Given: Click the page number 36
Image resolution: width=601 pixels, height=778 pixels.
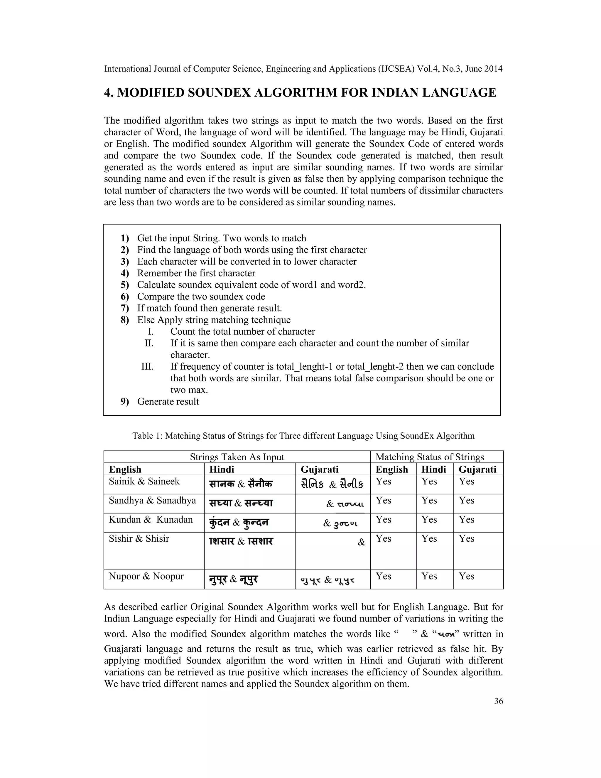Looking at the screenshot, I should pos(499,701).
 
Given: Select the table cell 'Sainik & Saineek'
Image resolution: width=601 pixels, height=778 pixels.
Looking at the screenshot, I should pos(144,481).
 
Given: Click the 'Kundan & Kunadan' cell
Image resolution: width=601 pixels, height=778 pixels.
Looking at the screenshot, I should pos(151,520).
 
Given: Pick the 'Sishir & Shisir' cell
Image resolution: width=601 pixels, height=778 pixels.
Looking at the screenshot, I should pos(139,539).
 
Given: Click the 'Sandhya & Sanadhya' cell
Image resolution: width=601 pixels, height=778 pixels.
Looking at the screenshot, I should pos(152,501).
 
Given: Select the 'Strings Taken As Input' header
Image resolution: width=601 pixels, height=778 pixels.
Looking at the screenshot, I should pos(237,457).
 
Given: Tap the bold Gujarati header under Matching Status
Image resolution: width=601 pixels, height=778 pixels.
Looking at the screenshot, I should pos(477,469).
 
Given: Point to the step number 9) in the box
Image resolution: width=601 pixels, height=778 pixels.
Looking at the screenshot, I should pos(125,402).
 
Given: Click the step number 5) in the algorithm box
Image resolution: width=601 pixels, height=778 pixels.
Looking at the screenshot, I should pos(125,285).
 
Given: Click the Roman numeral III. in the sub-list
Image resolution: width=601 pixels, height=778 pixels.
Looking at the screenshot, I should pos(147,367).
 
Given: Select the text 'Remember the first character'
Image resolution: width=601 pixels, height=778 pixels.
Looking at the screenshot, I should pos(196,273).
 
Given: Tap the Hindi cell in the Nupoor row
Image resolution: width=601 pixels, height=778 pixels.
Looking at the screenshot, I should pos(233,580).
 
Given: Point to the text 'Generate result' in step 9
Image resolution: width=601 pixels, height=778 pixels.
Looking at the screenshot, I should pos(168,402).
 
